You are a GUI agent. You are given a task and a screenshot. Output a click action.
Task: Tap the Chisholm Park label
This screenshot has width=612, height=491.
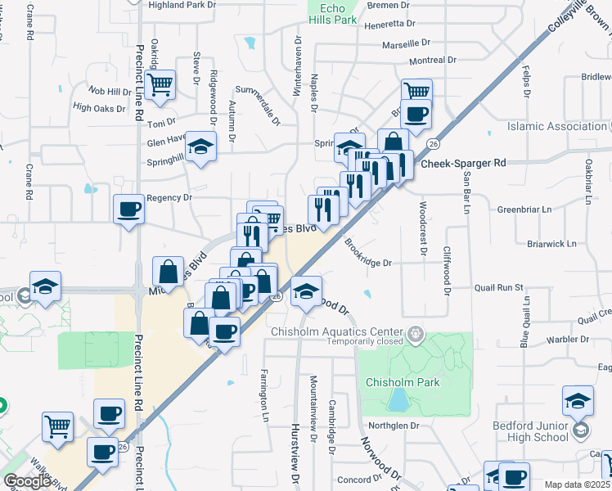pos(403,382)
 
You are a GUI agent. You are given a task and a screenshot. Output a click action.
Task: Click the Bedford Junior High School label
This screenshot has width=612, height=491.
pos(530,431)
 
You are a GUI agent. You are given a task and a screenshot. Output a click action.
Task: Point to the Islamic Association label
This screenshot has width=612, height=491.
pos(557,127)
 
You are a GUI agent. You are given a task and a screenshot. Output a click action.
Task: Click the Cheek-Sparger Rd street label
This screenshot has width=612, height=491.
pos(464,163)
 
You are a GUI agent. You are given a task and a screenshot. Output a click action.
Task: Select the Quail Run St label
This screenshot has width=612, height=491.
pos(498,287)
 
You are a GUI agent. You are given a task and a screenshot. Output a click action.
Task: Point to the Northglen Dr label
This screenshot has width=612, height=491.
pos(393,426)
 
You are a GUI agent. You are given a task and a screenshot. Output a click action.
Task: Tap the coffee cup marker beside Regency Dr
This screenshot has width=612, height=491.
pos(128,210)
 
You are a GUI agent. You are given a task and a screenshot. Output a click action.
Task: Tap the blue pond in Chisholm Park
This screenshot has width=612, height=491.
pos(398,399)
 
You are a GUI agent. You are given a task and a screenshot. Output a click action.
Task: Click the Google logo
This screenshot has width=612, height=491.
pos(27,481)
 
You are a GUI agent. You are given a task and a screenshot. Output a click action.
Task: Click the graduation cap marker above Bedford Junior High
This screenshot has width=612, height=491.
pos(578,401)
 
